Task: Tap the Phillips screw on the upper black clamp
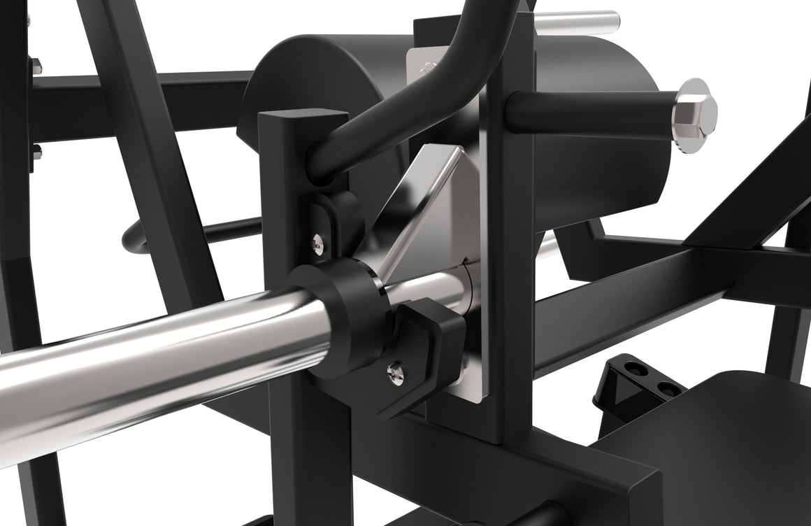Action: coord(318,243)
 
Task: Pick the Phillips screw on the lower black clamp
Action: coord(396,375)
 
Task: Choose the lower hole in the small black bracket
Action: coord(668,389)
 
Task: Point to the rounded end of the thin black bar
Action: coord(131,239)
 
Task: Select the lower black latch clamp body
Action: coord(426,350)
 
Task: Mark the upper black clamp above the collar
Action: coord(336,217)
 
